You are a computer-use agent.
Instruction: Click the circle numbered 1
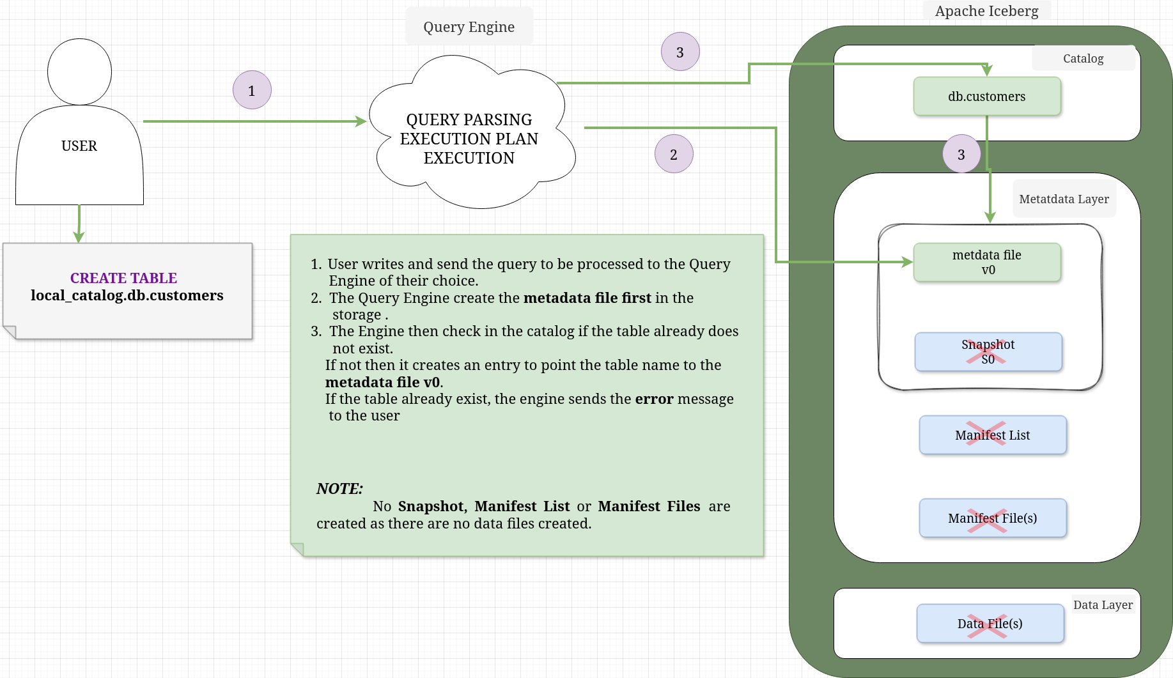click(x=252, y=90)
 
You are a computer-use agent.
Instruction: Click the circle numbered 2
click(x=674, y=154)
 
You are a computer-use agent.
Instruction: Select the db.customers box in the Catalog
click(x=986, y=96)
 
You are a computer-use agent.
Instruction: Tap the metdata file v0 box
click(x=986, y=262)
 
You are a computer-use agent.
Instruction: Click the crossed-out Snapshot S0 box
click(x=988, y=351)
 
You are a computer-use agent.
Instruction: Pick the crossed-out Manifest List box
click(x=992, y=435)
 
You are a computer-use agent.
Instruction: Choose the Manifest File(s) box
click(x=992, y=518)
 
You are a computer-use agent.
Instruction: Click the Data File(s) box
click(x=990, y=624)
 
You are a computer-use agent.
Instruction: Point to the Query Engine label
click(x=469, y=27)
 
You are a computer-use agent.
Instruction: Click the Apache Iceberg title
click(x=986, y=11)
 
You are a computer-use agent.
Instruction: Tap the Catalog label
click(x=1083, y=58)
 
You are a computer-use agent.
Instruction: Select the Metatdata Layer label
click(x=1064, y=199)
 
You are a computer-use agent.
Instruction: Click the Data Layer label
click(x=1103, y=605)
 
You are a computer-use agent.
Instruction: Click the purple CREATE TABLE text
click(x=123, y=278)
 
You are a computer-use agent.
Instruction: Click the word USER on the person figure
click(x=79, y=146)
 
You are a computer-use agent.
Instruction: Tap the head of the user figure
click(x=79, y=72)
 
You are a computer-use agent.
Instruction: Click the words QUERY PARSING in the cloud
click(x=469, y=119)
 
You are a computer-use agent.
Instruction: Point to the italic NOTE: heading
click(x=339, y=489)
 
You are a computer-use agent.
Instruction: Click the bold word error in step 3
click(x=654, y=399)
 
